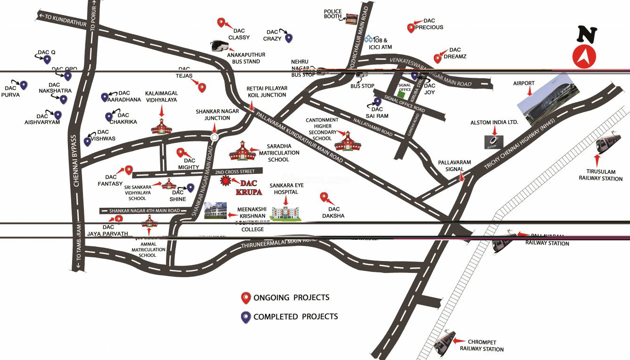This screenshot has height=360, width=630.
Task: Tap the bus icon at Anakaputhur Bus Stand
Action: coord(220,45)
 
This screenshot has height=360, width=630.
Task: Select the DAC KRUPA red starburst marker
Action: coord(226,180)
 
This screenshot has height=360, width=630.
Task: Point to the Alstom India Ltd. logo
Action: coord(494,141)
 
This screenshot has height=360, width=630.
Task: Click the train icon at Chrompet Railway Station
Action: coord(445,342)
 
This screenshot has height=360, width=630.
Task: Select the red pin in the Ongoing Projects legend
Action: coord(245,298)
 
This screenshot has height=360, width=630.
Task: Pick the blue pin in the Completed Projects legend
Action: coord(245,317)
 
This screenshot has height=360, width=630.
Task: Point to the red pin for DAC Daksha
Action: coord(324,197)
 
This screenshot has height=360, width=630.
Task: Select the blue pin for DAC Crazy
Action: coord(289,38)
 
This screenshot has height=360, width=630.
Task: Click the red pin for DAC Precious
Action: coord(411,27)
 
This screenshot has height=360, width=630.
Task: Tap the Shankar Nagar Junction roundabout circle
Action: coord(215,137)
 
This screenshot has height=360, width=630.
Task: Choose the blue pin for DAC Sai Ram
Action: coord(377,101)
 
